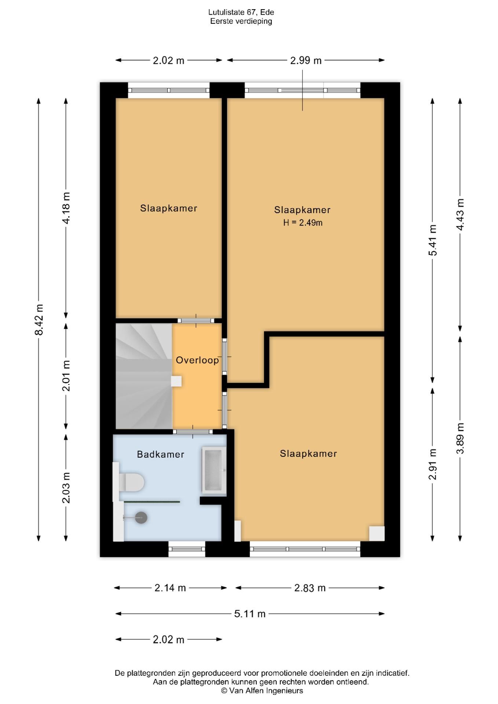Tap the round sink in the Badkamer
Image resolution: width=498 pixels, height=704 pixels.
tap(141, 518)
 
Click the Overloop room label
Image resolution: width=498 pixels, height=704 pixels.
tap(197, 360)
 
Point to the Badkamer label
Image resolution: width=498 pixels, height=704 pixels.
tap(161, 454)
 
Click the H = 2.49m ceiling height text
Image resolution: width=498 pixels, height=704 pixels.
tap(303, 223)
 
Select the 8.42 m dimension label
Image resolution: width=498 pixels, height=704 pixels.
tap(39, 319)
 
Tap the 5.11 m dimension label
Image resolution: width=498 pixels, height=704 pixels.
tap(250, 613)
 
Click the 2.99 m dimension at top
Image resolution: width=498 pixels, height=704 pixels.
tap(306, 60)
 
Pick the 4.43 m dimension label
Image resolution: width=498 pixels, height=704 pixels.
tap(460, 214)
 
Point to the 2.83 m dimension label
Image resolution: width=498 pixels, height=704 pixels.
tap(310, 588)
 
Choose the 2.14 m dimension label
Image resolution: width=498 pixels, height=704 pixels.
tap(170, 588)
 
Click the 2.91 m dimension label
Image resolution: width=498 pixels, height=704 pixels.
tap(433, 464)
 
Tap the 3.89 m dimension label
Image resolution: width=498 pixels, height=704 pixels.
tap(460, 438)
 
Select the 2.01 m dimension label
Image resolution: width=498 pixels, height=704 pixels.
tap(66, 376)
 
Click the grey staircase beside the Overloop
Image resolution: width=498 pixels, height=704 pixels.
tap(144, 376)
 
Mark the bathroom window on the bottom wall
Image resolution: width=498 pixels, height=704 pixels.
tap(187, 549)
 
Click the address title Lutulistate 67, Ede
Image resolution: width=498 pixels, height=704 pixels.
tap(241, 12)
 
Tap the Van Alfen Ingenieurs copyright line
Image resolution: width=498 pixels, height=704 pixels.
tap(262, 691)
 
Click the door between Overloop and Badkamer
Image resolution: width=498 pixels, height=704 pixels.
tap(193, 432)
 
